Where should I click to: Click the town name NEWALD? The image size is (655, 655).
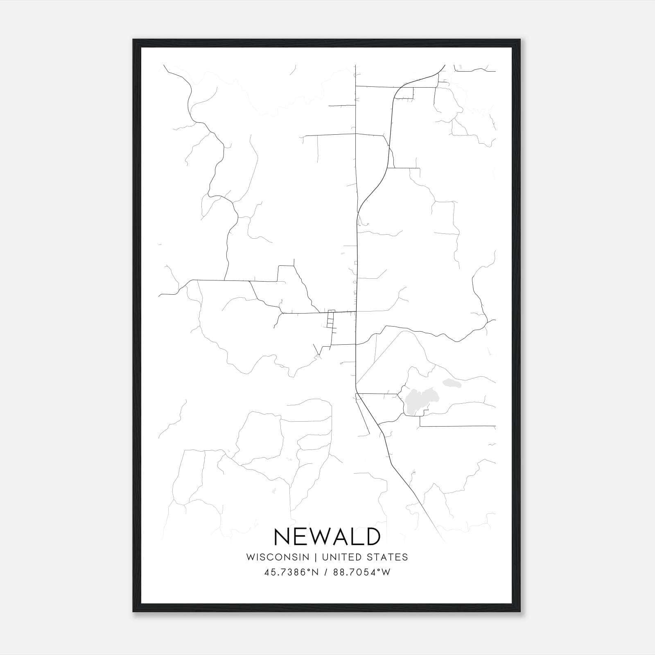coord(327,537)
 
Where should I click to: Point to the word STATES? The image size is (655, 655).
coord(388,557)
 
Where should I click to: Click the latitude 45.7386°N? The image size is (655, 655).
coord(291,572)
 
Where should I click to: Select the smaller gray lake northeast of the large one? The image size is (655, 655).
coord(451,384)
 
